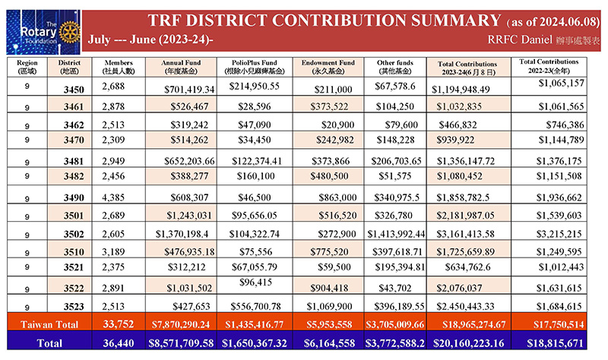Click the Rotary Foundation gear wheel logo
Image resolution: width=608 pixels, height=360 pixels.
(70, 33)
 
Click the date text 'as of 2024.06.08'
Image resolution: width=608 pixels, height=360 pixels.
(553, 22)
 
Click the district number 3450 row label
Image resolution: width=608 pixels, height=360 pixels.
(74, 90)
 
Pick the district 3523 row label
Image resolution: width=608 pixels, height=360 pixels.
(74, 307)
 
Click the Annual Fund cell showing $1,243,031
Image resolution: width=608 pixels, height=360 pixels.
(189, 216)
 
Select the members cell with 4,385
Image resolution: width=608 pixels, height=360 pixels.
(113, 197)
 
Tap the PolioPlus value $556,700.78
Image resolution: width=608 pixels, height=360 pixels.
(255, 307)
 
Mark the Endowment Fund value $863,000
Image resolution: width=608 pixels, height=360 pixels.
(337, 197)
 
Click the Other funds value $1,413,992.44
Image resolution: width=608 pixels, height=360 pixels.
(396, 234)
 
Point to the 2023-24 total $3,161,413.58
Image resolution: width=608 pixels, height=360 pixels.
(465, 234)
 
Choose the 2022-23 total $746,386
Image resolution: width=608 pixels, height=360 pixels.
(565, 125)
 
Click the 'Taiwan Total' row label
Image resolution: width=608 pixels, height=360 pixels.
(49, 324)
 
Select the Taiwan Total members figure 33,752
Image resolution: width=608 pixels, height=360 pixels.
(119, 324)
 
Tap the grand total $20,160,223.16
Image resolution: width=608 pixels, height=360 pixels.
(468, 343)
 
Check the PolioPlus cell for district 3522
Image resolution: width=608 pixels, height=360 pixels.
(255, 282)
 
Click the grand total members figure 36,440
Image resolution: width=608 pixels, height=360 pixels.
(119, 343)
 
